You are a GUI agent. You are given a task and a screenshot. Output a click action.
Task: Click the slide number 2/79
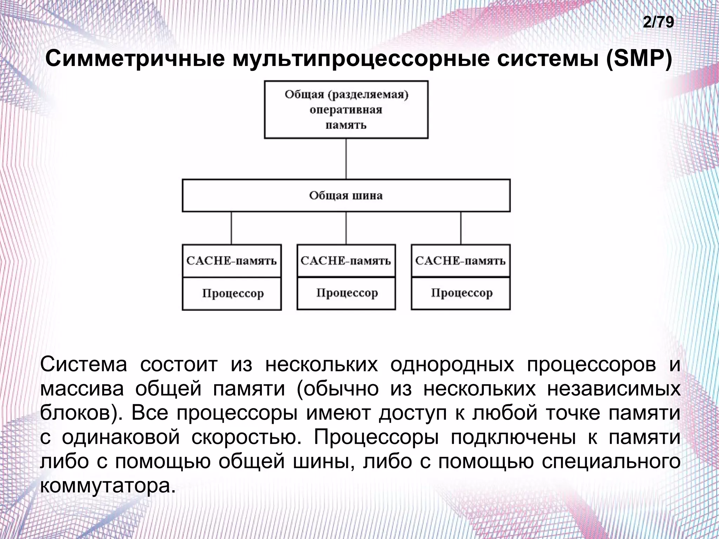pyautogui.click(x=658, y=22)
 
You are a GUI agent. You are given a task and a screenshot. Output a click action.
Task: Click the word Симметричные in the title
pyautogui.click(x=135, y=59)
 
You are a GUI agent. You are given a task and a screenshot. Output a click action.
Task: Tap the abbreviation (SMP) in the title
pyautogui.click(x=638, y=59)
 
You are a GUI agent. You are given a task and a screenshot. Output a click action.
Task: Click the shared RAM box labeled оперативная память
pyautogui.click(x=346, y=110)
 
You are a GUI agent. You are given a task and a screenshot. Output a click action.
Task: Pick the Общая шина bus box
pyautogui.click(x=346, y=196)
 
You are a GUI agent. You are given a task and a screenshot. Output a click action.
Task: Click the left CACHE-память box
pyautogui.click(x=232, y=261)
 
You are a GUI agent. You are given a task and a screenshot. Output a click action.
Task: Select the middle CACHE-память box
pyautogui.click(x=346, y=261)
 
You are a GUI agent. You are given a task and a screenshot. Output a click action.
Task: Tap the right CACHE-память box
pyautogui.click(x=460, y=261)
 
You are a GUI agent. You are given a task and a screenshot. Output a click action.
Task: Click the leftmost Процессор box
pyautogui.click(x=232, y=293)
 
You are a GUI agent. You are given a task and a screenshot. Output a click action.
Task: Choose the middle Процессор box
pyautogui.click(x=346, y=293)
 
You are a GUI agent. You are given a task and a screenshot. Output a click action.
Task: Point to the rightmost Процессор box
pyautogui.click(x=460, y=293)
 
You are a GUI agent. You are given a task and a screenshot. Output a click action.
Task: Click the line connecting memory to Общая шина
pyautogui.click(x=346, y=159)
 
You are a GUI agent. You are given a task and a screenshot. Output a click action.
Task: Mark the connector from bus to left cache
pyautogui.click(x=231, y=228)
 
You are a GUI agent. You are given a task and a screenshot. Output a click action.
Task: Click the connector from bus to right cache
pyautogui.click(x=461, y=228)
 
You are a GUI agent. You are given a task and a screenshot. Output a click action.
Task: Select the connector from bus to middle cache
pyautogui.click(x=346, y=228)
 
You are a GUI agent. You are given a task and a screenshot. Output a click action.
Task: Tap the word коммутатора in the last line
pyautogui.click(x=107, y=486)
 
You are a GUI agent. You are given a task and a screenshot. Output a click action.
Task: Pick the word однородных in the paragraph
pyautogui.click(x=452, y=364)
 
